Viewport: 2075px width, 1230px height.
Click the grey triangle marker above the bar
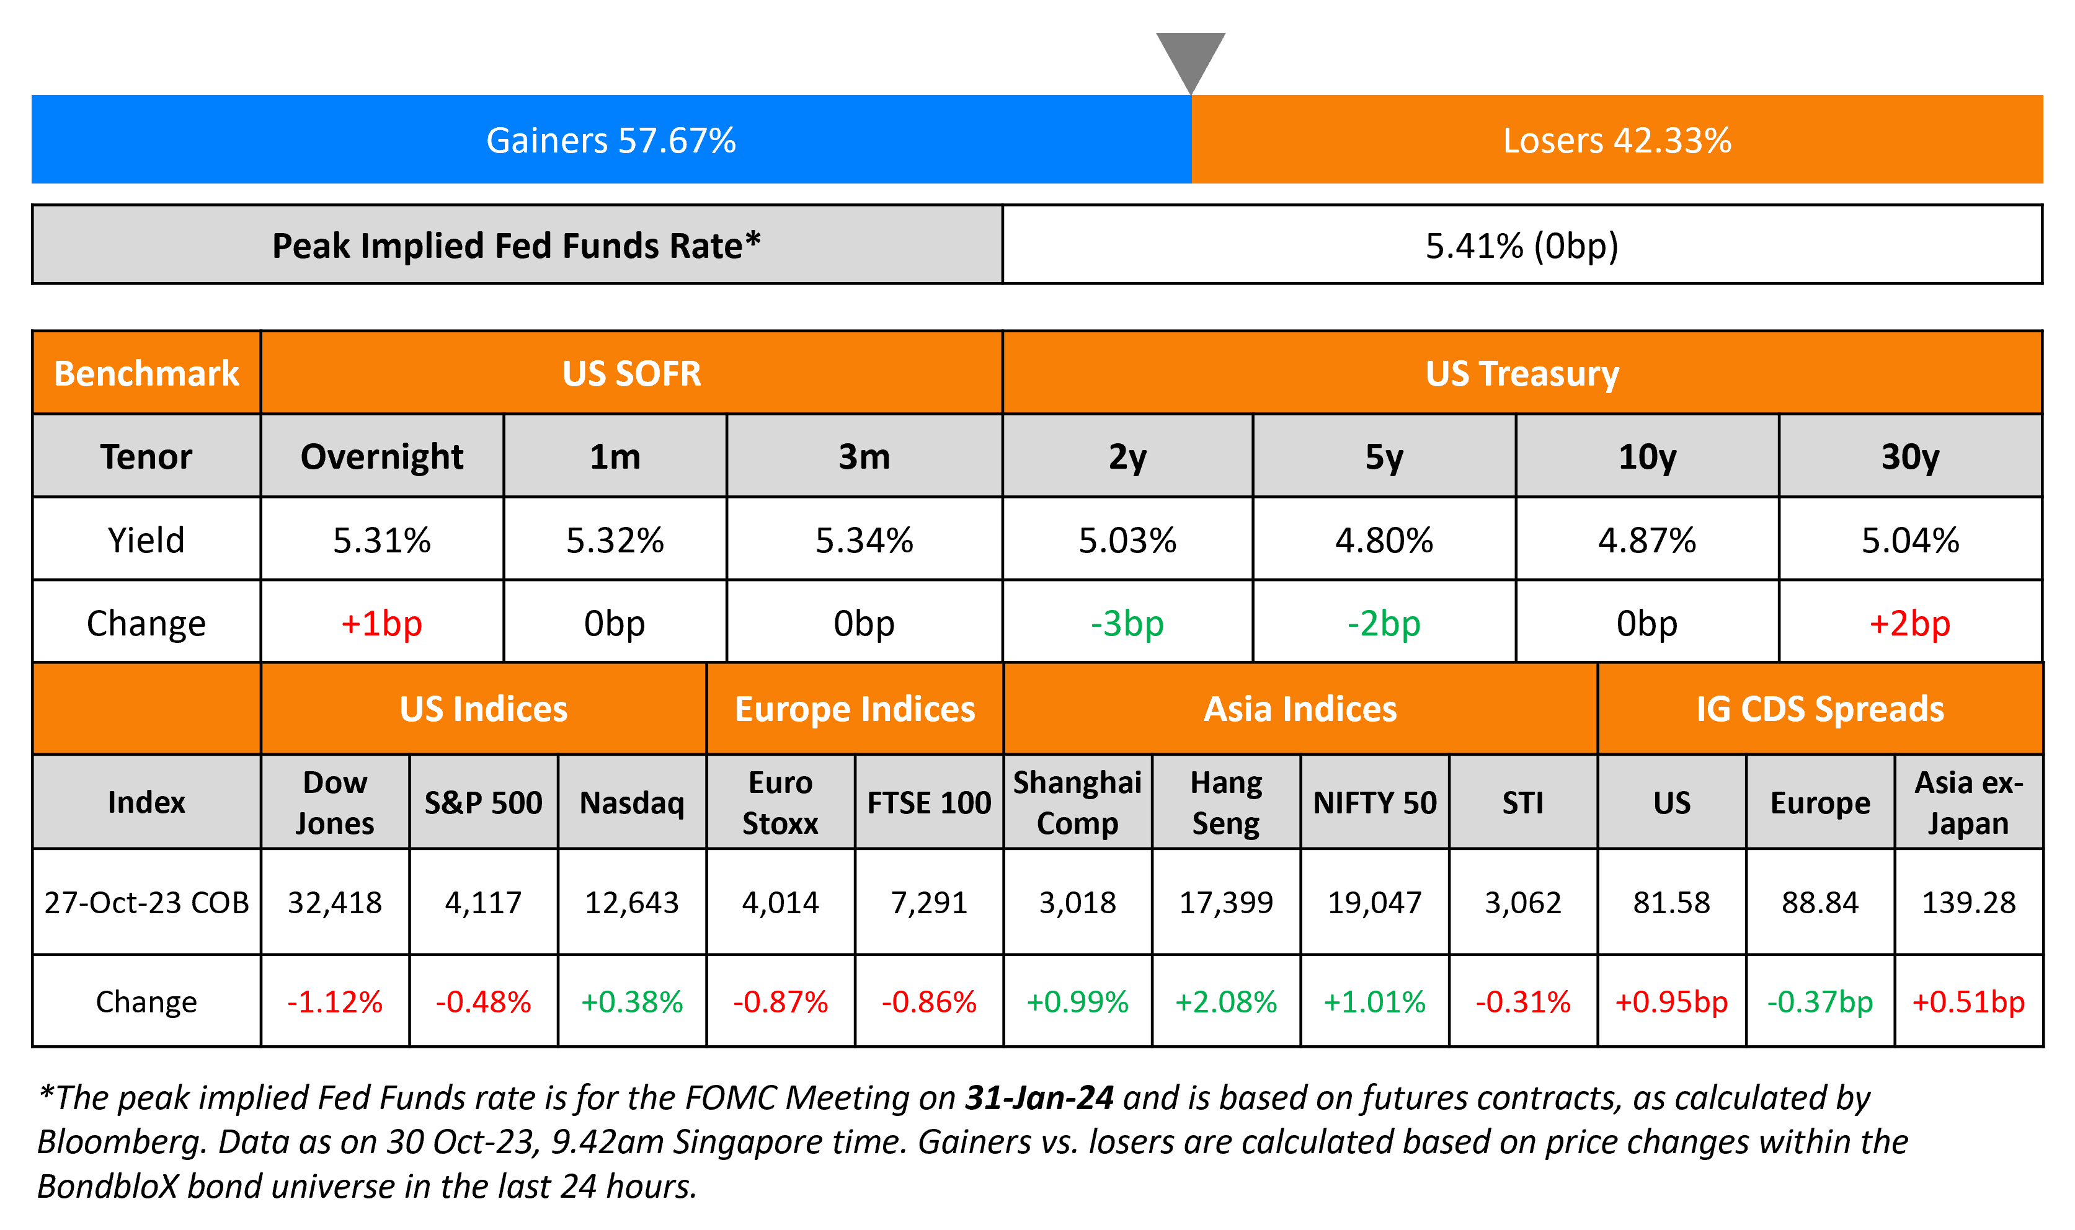(x=1191, y=58)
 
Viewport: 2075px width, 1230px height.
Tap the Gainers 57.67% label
(x=611, y=140)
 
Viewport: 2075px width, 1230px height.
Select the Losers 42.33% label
(x=1617, y=140)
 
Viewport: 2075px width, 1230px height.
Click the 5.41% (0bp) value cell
(x=1521, y=246)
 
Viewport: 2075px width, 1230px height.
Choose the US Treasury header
(x=1521, y=373)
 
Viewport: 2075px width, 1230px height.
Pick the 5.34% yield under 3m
(x=864, y=541)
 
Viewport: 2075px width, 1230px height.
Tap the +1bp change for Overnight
(x=381, y=623)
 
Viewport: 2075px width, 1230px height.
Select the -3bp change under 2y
(x=1127, y=623)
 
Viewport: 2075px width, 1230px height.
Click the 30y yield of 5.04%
(x=1910, y=541)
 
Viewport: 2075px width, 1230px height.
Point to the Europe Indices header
(x=855, y=709)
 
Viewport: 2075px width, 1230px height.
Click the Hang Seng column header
(x=1226, y=802)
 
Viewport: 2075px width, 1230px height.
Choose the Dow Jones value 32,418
(x=335, y=902)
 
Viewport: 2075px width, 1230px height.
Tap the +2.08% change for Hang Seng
(x=1226, y=1002)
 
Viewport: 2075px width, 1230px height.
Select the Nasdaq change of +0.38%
(x=632, y=1002)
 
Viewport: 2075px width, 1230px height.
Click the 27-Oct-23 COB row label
(x=147, y=902)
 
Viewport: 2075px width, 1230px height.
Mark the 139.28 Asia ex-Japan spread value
(x=1968, y=902)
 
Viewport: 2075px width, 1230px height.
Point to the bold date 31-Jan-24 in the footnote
(x=1039, y=1097)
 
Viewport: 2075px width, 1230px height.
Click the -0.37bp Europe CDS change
(x=1820, y=1002)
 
